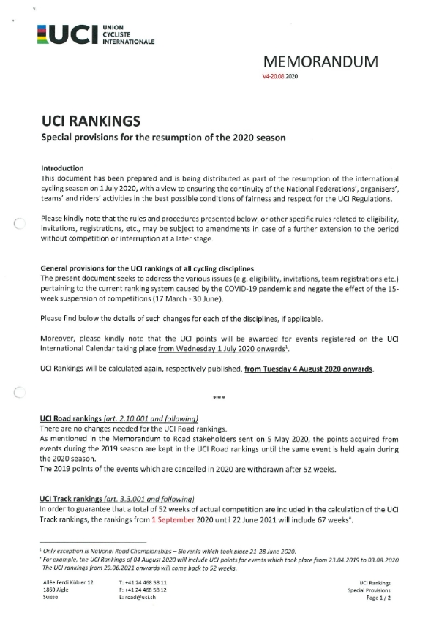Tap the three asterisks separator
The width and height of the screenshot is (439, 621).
click(218, 398)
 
